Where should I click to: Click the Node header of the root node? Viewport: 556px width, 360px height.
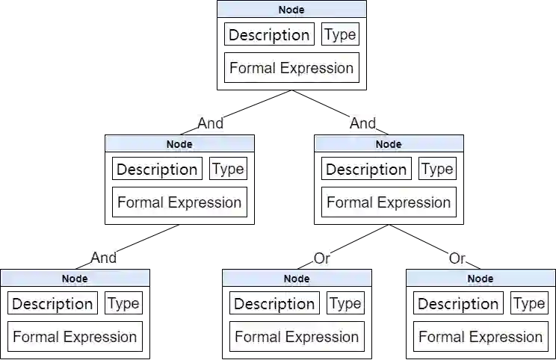[291, 10]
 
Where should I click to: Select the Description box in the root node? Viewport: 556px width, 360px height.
[269, 35]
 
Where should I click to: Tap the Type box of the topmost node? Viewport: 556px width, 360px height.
[340, 34]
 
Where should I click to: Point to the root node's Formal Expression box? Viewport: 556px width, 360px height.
[291, 68]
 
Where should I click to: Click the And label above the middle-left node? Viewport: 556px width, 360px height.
[211, 122]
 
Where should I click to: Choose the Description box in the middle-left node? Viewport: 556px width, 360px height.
[157, 170]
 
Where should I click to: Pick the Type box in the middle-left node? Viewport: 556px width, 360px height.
[228, 169]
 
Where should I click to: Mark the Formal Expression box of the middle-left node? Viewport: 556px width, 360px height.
[179, 202]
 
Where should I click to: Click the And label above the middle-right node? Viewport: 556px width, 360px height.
[362, 122]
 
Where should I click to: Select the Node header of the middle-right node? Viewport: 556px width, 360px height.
[389, 144]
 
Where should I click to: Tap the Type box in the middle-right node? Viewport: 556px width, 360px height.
[437, 169]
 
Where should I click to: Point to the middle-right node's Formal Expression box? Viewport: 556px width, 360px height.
[389, 202]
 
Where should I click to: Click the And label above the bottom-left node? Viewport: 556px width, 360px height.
[104, 258]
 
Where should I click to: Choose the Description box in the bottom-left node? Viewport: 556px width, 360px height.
[52, 304]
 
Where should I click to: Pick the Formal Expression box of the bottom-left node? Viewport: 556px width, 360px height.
[75, 337]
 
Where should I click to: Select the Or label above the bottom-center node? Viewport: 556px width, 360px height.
[321, 258]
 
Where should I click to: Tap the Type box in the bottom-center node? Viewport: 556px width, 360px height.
[345, 303]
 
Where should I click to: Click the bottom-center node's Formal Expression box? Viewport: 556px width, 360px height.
[297, 337]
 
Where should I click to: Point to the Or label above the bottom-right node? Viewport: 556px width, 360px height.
[457, 258]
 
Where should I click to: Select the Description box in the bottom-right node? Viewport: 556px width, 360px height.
[458, 304]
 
